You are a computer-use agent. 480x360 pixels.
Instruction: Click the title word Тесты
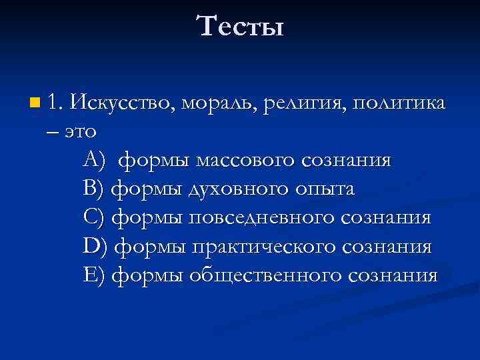click(x=240, y=27)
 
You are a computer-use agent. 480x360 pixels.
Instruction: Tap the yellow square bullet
click(x=34, y=103)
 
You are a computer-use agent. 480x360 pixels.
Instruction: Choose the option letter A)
click(x=95, y=161)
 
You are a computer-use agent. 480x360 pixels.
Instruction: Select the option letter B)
click(x=94, y=189)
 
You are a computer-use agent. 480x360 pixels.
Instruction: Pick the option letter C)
click(x=95, y=218)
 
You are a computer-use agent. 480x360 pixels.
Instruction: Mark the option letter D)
click(x=95, y=247)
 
